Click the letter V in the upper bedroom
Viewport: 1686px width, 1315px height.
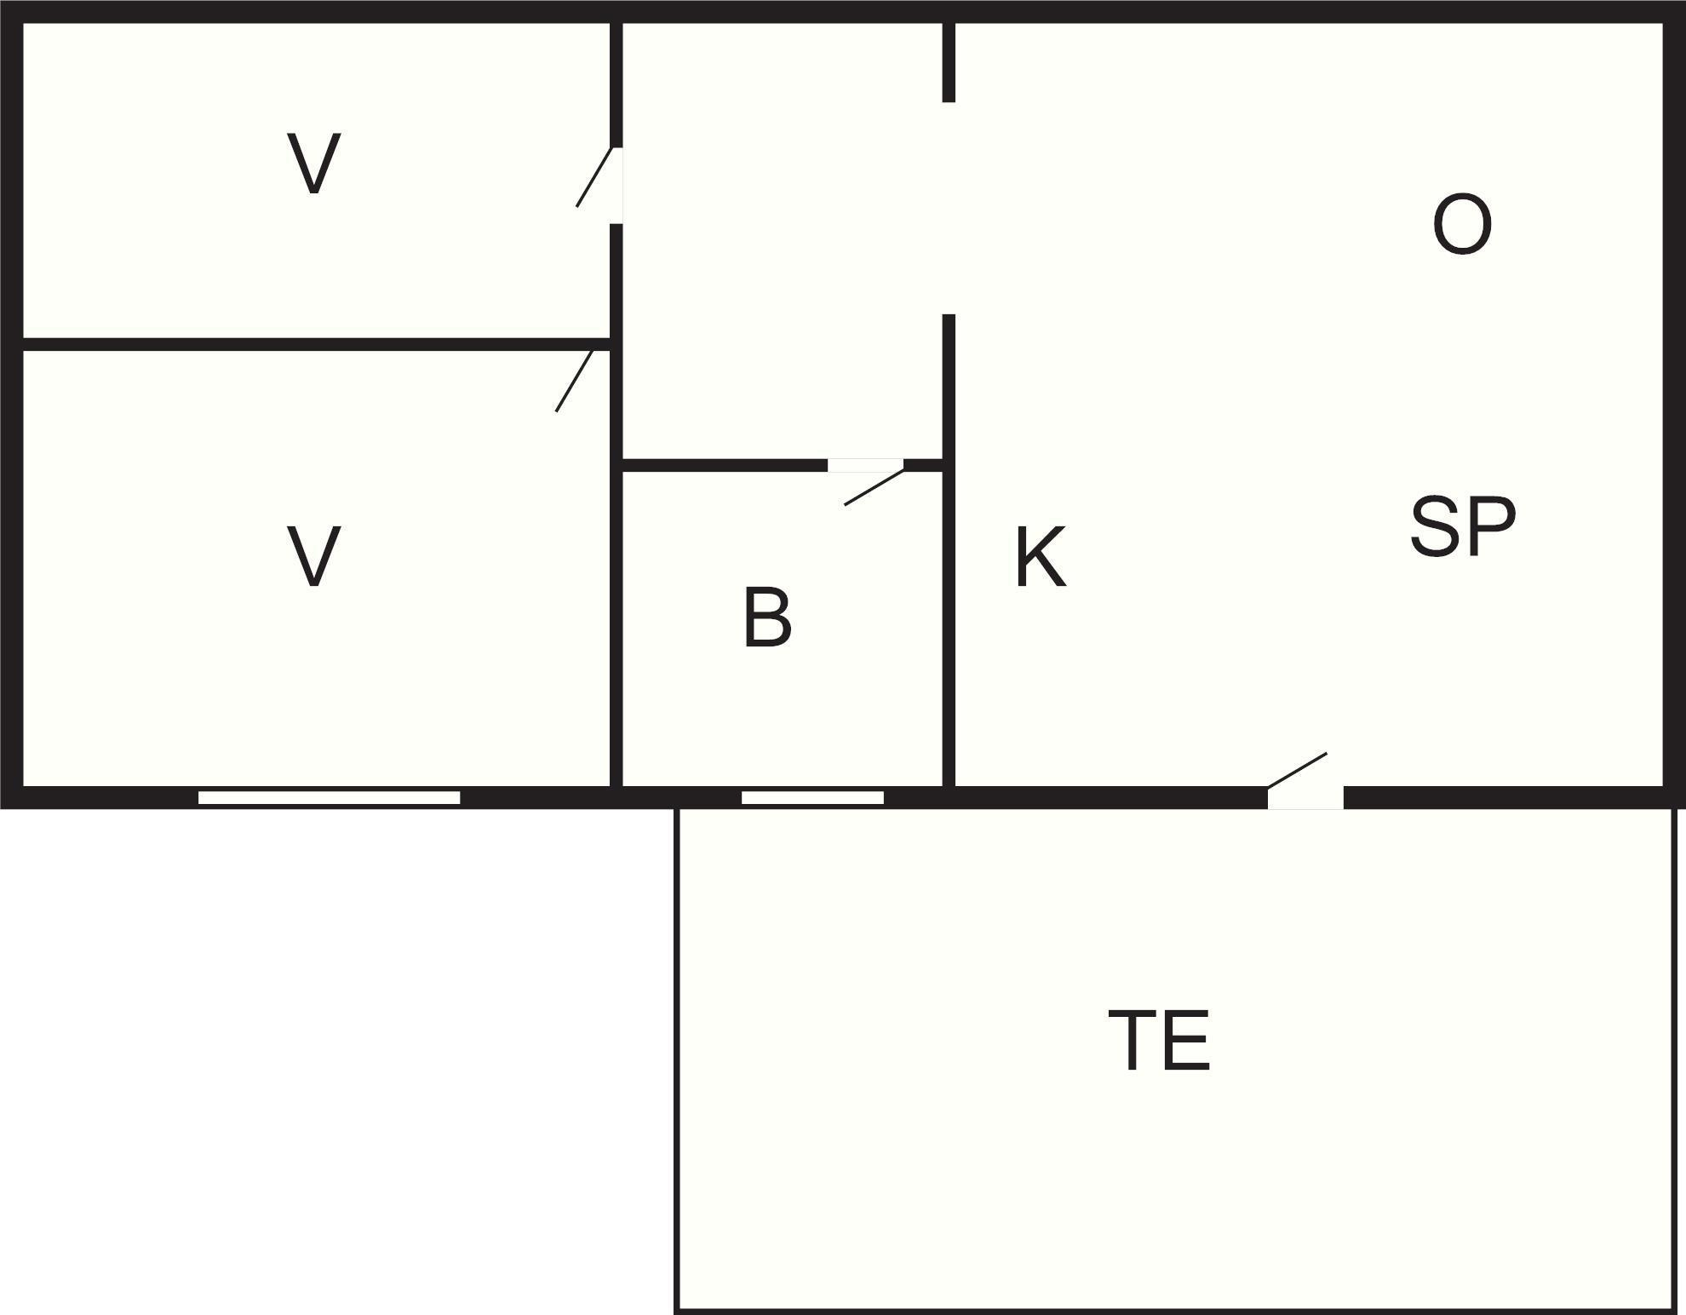tap(314, 164)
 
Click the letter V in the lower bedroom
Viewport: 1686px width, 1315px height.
tap(314, 556)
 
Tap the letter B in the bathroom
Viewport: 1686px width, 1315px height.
tap(767, 617)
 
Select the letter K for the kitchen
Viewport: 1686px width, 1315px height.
tap(1041, 557)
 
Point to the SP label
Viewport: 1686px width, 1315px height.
tap(1463, 526)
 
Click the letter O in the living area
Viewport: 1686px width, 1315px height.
tap(1462, 225)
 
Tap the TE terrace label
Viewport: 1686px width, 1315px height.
tap(1159, 1040)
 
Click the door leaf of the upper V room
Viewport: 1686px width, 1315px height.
tap(594, 177)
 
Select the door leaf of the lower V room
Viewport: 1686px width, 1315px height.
tap(574, 381)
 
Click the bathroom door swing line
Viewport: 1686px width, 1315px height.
tap(874, 487)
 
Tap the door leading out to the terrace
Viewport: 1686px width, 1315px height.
tap(1297, 771)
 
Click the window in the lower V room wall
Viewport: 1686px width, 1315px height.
tap(329, 797)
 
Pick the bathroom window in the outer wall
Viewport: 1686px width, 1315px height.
tap(812, 797)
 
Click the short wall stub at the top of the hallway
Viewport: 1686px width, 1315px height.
tap(949, 62)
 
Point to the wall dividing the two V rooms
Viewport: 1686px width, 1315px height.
tap(316, 344)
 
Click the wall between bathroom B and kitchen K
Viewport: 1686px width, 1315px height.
tap(949, 550)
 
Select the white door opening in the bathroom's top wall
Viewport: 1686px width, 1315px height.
tap(865, 465)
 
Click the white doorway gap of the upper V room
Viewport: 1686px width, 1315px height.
tap(616, 186)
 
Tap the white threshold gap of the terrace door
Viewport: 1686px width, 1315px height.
tap(1305, 798)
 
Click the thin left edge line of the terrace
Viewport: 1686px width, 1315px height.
tap(676, 1061)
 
